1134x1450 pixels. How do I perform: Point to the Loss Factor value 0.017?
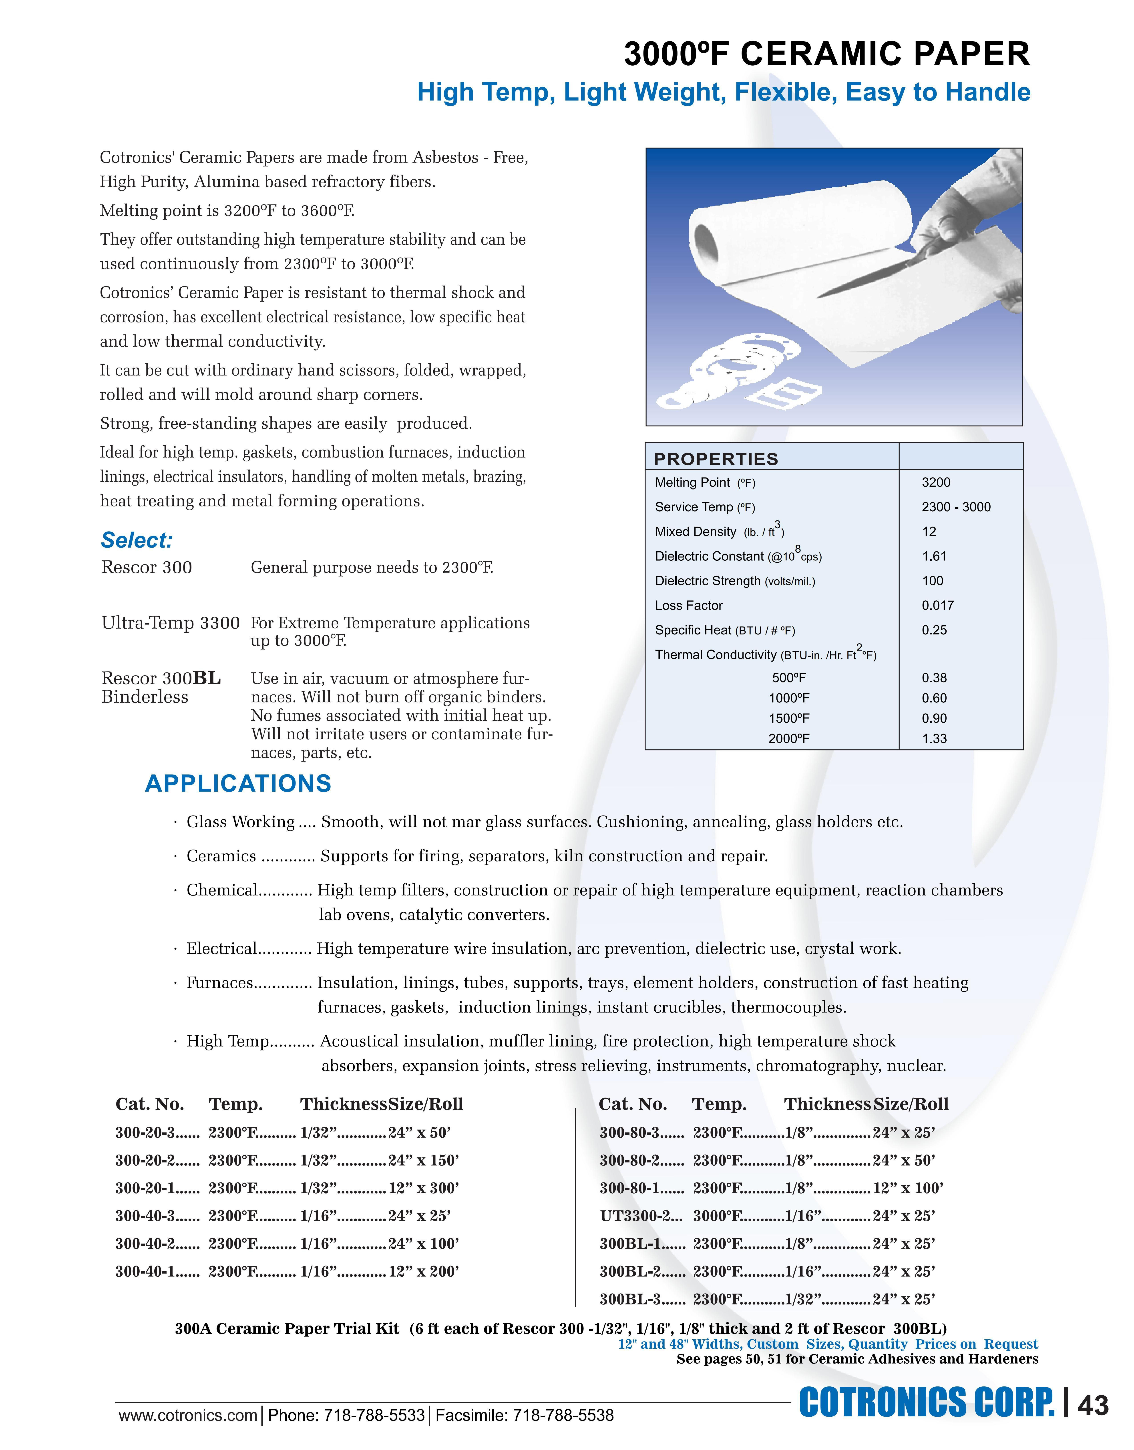(x=937, y=606)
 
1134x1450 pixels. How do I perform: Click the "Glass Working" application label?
(x=241, y=822)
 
